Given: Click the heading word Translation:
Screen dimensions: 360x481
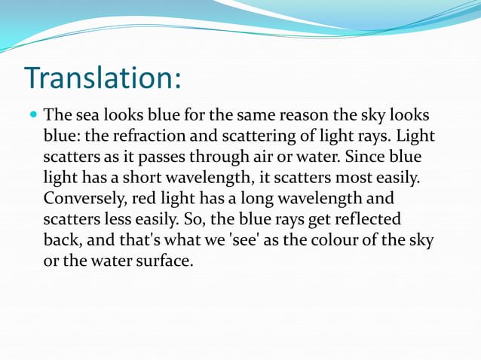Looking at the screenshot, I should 103,78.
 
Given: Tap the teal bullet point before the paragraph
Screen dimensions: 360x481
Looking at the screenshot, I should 31,117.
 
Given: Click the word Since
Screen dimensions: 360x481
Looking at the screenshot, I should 357,159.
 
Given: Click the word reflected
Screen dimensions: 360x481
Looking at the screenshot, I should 366,222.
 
